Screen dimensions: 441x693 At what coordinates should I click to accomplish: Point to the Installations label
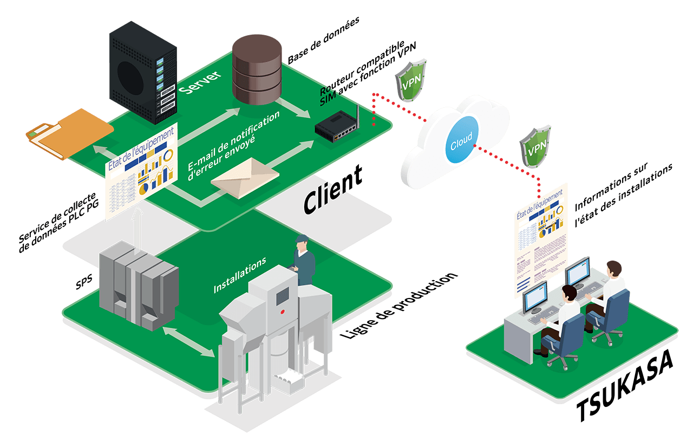[x=239, y=275]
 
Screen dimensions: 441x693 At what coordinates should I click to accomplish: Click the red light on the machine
[x=282, y=312]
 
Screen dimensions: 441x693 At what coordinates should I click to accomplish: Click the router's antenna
[x=358, y=115]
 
